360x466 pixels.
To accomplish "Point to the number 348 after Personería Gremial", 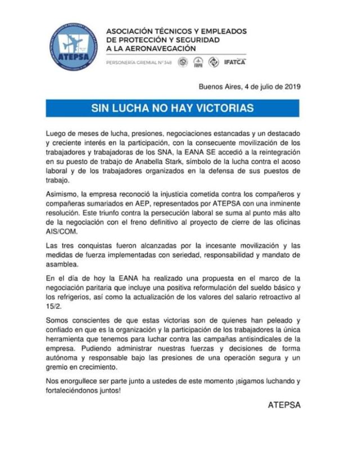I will (165, 62).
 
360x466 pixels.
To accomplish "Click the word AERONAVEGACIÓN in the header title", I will (159, 50).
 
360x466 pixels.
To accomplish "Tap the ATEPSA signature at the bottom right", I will (284, 405).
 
